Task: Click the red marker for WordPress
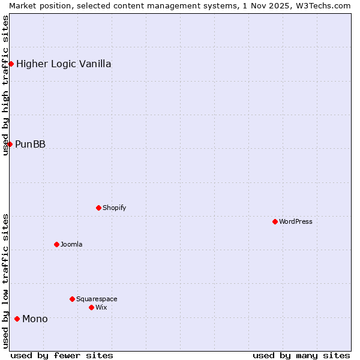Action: click(x=275, y=221)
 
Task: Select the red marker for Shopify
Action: click(x=98, y=208)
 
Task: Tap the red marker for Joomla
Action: click(x=56, y=244)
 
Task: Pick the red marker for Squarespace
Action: click(x=72, y=299)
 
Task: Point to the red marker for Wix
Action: click(x=91, y=307)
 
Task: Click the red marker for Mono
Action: click(x=17, y=319)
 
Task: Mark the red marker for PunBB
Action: click(x=10, y=144)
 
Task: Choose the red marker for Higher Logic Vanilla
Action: click(x=11, y=64)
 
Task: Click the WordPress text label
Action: click(x=296, y=221)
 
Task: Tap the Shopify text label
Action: click(x=115, y=208)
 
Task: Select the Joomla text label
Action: click(x=71, y=244)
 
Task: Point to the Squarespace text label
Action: click(x=97, y=299)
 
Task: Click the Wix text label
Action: click(x=101, y=307)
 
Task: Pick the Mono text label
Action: click(x=35, y=319)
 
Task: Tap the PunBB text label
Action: click(x=30, y=144)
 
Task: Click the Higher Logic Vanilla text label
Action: click(x=64, y=64)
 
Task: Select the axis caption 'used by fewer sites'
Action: click(x=62, y=355)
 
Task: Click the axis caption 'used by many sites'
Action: click(x=301, y=355)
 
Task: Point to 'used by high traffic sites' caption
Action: click(x=5, y=85)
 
